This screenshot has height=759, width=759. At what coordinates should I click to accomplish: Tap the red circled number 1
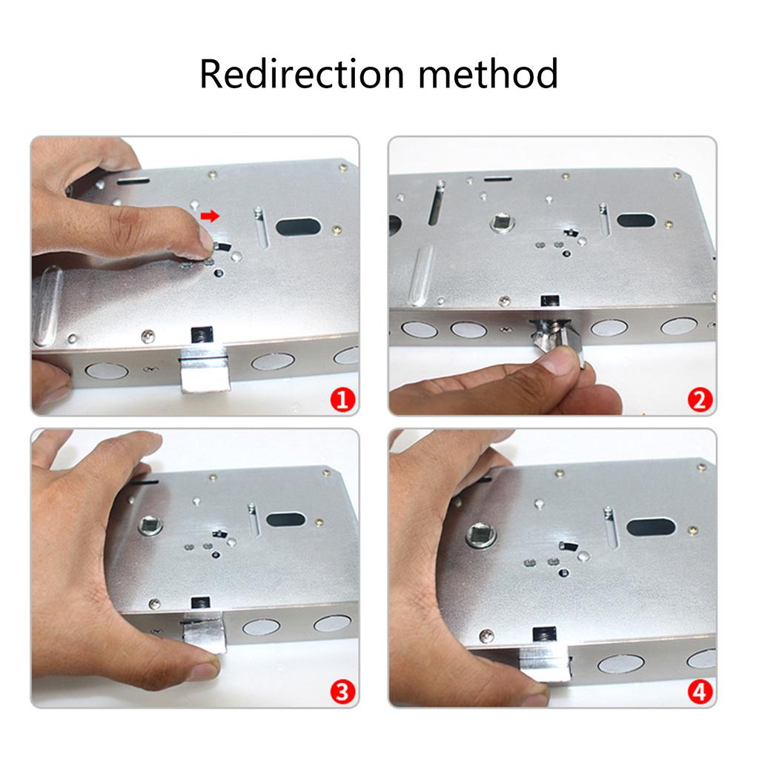(341, 400)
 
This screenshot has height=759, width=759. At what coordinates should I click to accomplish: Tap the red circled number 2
(698, 400)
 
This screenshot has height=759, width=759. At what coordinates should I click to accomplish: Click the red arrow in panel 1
(211, 216)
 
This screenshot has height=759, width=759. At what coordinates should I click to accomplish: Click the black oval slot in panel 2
(636, 220)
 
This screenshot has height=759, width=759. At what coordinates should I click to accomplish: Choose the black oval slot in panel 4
(651, 527)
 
